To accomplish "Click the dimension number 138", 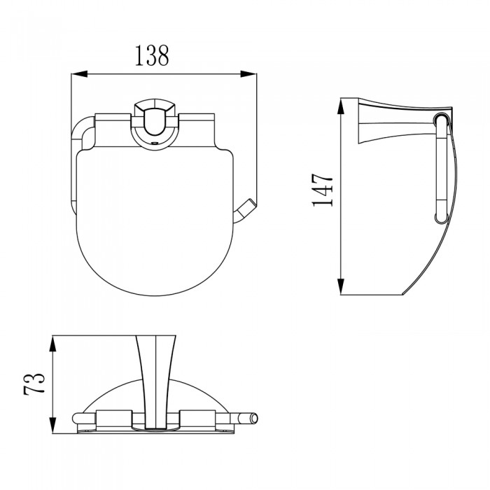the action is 152,55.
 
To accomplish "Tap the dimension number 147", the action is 323,190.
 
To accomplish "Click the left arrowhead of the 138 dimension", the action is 79,74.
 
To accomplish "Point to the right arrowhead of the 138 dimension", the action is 248,74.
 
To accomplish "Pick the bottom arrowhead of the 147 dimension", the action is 341,286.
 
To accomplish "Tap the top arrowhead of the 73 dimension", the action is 53,344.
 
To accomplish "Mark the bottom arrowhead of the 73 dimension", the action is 53,426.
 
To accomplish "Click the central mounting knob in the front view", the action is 155,120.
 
